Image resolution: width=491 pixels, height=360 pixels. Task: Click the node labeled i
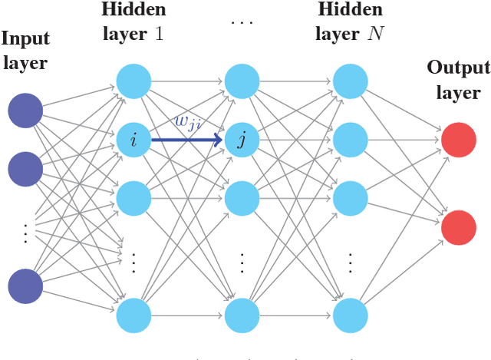[x=133, y=140]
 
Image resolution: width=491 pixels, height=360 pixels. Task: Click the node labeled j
[x=242, y=140]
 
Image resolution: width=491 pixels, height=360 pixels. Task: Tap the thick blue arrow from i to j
[x=188, y=140]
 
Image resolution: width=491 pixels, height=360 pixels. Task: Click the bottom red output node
[x=459, y=228]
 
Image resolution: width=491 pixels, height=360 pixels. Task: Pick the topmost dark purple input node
[x=26, y=111]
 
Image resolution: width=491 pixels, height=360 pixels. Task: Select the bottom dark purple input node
[x=26, y=286]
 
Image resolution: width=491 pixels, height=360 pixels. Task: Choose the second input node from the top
[x=26, y=170]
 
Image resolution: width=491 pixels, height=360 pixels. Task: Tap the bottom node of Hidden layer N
[x=351, y=315]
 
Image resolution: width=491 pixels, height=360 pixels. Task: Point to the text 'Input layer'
[x=26, y=51]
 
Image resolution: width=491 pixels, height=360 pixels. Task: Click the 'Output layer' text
[x=458, y=80]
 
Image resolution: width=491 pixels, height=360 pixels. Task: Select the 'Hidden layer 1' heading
[x=133, y=21]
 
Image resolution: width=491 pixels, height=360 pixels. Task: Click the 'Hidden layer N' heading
[x=350, y=21]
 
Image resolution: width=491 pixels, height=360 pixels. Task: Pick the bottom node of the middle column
[x=242, y=315]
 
